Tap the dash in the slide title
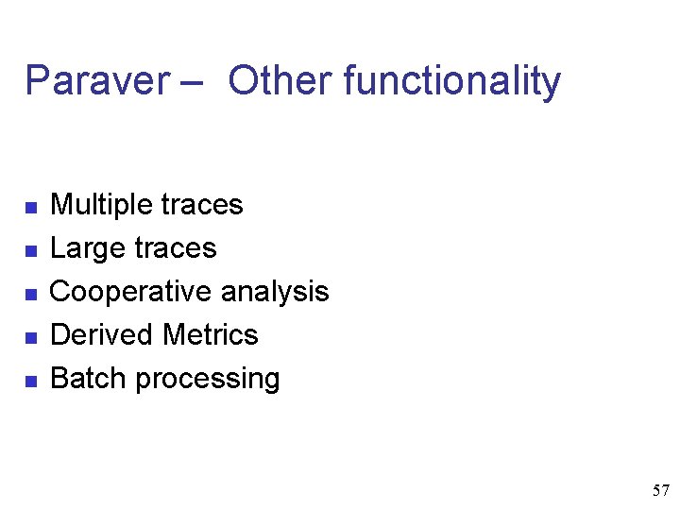point(188,83)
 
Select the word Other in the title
point(280,81)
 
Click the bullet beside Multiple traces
point(30,207)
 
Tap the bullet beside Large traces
point(30,250)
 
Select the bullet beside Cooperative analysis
point(30,294)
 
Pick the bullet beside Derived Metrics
point(30,337)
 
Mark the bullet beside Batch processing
point(30,381)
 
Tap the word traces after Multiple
point(202,205)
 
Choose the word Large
point(88,248)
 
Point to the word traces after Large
point(176,248)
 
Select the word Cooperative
point(130,292)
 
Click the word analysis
point(275,292)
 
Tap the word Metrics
point(211,335)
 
